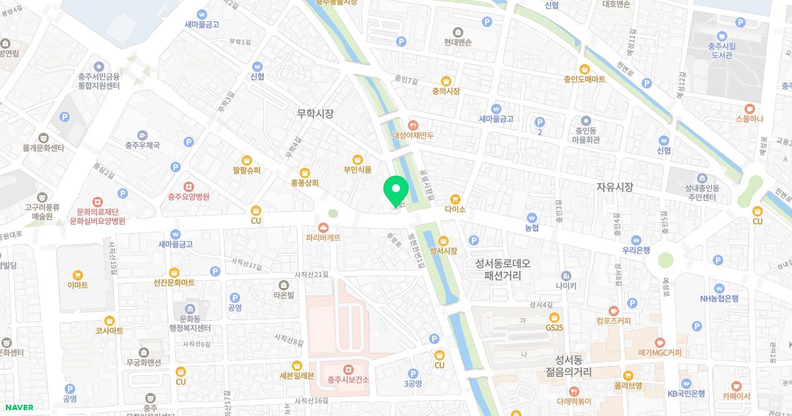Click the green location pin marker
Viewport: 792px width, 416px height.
pos(396,191)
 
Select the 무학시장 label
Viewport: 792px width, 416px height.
pos(315,114)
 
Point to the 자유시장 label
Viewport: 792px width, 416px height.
pos(614,187)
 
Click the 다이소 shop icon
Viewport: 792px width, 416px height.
pos(455,199)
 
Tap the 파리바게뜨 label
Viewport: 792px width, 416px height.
pos(323,237)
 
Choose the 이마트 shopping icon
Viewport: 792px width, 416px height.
pos(78,275)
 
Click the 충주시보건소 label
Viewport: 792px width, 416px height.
pos(348,380)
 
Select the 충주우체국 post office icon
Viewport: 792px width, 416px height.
pos(143,134)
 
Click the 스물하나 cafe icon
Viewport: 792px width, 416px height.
pos(748,109)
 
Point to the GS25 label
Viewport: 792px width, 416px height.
pos(554,328)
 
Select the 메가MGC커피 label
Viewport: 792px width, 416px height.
pos(659,353)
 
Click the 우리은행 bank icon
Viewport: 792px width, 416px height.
pos(636,240)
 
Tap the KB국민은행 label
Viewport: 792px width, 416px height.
pos(686,393)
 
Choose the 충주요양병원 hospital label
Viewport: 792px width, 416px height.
pos(188,197)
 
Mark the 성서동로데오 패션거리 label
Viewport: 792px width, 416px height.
pos(507,269)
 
